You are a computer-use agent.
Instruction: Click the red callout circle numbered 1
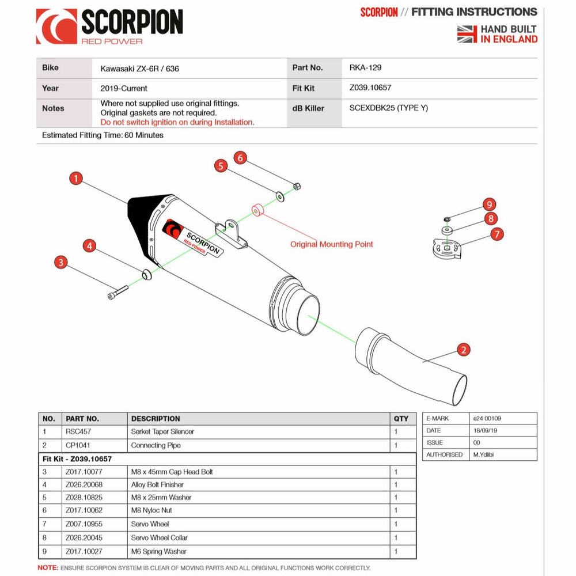[x=75, y=179]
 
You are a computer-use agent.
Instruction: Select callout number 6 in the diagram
[x=240, y=157]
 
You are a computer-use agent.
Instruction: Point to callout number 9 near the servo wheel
[x=489, y=204]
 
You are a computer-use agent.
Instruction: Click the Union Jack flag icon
[x=467, y=34]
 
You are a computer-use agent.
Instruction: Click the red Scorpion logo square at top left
[x=56, y=26]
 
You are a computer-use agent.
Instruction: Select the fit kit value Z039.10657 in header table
[x=370, y=88]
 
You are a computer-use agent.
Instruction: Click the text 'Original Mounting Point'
[x=331, y=244]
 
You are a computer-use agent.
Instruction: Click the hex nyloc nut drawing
[x=295, y=186]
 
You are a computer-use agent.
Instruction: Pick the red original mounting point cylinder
[x=257, y=209]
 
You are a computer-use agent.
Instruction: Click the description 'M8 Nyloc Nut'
[x=151, y=510]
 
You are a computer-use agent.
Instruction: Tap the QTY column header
[x=400, y=419]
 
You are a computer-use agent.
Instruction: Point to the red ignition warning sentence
[x=177, y=122]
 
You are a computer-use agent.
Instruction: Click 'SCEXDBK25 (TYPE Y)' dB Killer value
[x=388, y=108]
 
